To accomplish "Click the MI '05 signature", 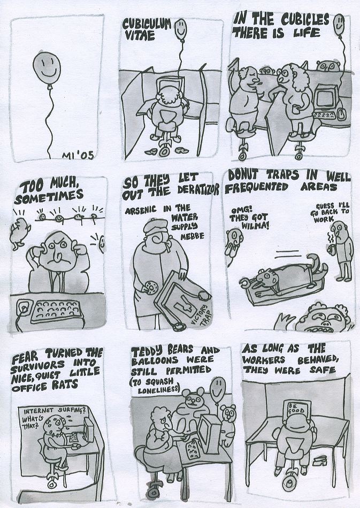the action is point(78,155).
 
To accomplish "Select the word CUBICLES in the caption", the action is point(304,20).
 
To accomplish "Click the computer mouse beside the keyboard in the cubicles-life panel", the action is point(340,113).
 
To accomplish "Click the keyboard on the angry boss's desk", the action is point(56,311).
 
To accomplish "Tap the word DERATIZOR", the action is point(198,190).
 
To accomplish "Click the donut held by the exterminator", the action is point(150,287).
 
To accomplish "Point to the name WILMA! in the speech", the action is point(255,225).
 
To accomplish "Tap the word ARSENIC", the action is point(141,210).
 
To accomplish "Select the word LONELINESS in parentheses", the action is point(158,390).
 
